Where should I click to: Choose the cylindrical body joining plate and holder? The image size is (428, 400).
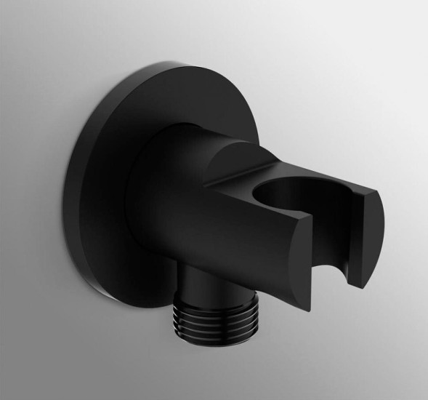[x=182, y=196]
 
